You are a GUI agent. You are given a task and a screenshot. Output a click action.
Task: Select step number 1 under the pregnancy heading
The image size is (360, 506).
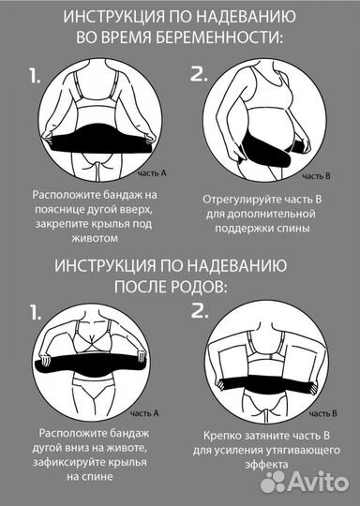pos(35,78)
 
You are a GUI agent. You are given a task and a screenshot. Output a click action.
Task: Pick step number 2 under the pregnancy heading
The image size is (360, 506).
pos(199,78)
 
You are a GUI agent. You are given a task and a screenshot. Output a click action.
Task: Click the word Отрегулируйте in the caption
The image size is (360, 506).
pos(240,200)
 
